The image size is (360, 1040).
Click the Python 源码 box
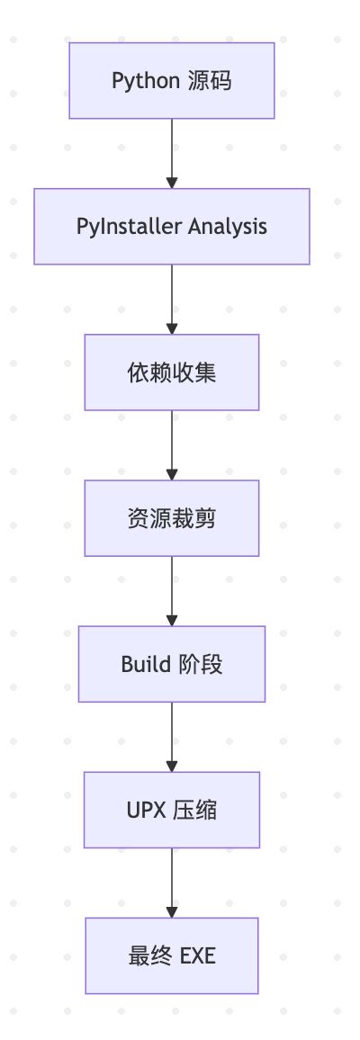point(172,81)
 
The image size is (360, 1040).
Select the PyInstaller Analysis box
point(172,226)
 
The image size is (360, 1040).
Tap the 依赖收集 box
point(172,372)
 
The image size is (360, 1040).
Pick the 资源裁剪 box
point(172,518)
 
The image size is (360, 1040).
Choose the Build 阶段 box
point(172,664)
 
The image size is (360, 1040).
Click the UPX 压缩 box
point(172,810)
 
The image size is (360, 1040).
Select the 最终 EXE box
point(172,955)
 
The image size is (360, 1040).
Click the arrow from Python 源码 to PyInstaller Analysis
point(172,154)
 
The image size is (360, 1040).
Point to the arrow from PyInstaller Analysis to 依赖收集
point(172,299)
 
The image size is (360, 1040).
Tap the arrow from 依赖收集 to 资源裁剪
point(172,445)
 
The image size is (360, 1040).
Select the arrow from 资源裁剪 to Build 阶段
point(172,591)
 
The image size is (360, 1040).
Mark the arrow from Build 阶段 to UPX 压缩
point(172,737)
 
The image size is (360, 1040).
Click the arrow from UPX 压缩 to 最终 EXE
point(172,883)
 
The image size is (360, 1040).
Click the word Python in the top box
point(146,82)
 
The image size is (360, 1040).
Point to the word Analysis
point(228,227)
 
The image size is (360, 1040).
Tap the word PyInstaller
point(130,226)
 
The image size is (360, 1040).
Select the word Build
point(146,664)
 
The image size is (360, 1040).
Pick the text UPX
point(145,810)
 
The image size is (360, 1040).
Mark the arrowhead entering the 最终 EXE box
point(172,912)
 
